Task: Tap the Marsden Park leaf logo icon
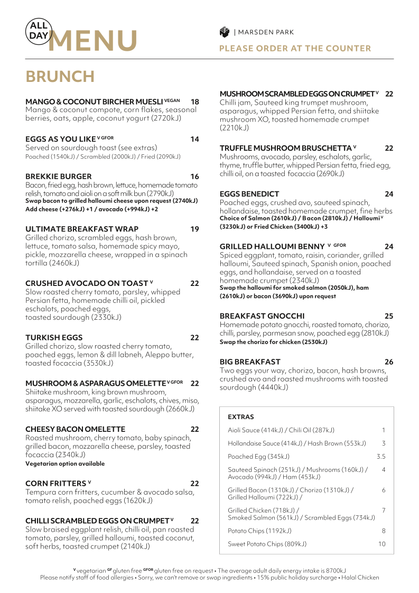pyautogui.click(x=224, y=32)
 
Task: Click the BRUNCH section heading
pyautogui.click(x=60, y=77)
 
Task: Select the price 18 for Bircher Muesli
pyautogui.click(x=194, y=101)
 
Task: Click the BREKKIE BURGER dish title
pyautogui.click(x=59, y=176)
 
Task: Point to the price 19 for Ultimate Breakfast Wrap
pyautogui.click(x=194, y=229)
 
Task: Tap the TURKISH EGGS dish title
pyautogui.click(x=54, y=337)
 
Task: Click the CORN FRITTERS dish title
pyautogui.click(x=55, y=483)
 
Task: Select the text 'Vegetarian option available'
pyautogui.click(x=65, y=464)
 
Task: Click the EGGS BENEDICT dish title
pyautogui.click(x=249, y=194)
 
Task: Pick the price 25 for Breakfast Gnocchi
pyautogui.click(x=389, y=316)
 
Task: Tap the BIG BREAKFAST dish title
pyautogui.click(x=250, y=362)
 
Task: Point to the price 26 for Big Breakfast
pyautogui.click(x=389, y=362)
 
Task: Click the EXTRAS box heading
pyautogui.click(x=241, y=417)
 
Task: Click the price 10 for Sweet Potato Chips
pyautogui.click(x=382, y=543)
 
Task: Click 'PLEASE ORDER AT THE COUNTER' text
pyautogui.click(x=295, y=49)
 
